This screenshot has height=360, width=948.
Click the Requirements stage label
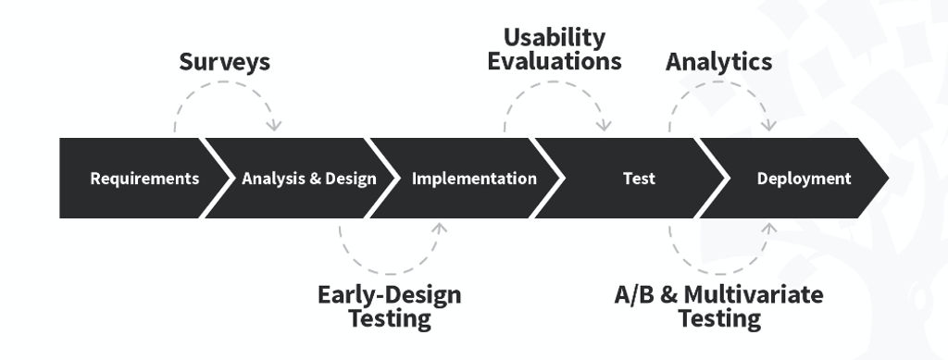[144, 179]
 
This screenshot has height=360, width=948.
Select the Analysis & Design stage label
[309, 179]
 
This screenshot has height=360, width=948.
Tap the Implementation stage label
[474, 179]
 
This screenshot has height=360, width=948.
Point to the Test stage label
[639, 179]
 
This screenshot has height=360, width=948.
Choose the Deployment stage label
[804, 179]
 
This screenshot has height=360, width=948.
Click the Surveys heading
[224, 62]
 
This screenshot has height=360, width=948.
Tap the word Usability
[555, 38]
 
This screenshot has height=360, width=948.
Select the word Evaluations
[555, 62]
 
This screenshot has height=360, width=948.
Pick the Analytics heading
[718, 62]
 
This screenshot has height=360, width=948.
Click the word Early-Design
[389, 295]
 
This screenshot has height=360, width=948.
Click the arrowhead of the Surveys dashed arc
[274, 126]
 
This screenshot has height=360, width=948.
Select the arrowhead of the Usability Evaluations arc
[604, 126]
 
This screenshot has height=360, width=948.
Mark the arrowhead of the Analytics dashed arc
[768, 126]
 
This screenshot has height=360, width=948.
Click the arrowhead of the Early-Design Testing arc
[440, 227]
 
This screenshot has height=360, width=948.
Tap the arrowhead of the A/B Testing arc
[768, 227]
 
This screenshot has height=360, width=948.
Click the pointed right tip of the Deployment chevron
[887, 179]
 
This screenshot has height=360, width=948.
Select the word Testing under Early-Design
[389, 319]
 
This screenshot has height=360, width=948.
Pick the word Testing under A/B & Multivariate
[719, 319]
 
